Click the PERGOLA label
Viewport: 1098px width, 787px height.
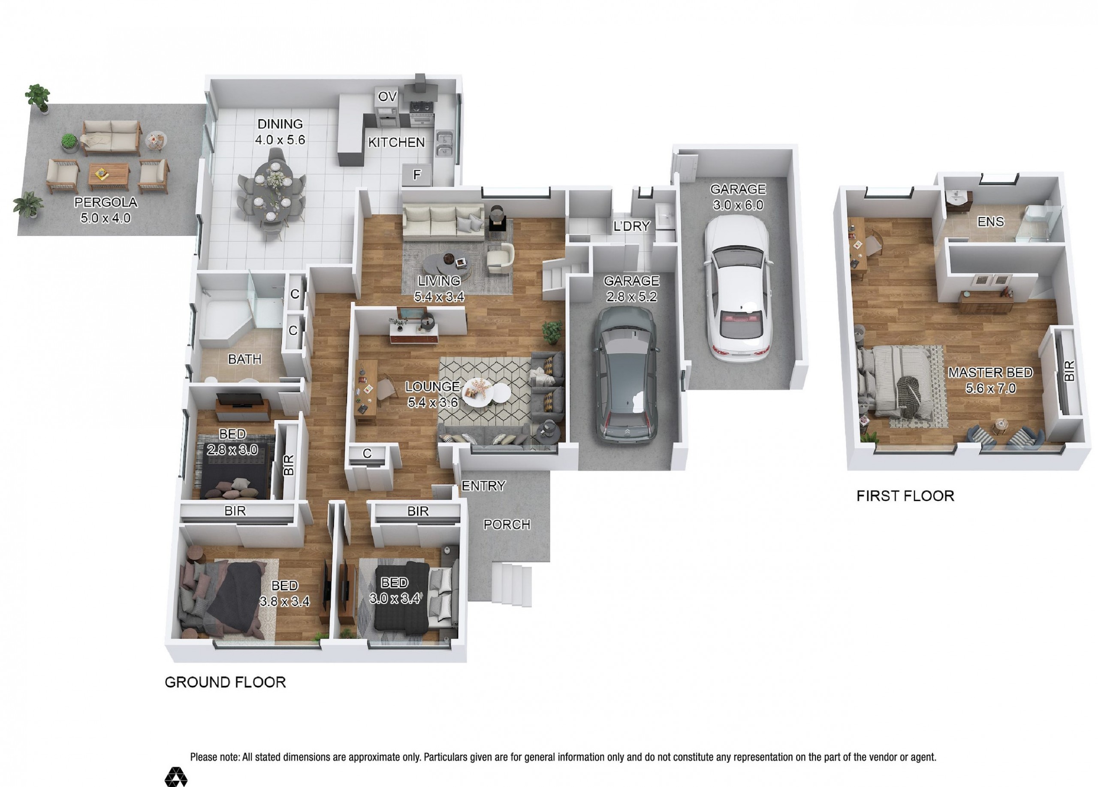(106, 202)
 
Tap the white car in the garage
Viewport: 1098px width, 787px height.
(737, 288)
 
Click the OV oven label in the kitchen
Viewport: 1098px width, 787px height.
(387, 97)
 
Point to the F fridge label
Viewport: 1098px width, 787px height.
(417, 175)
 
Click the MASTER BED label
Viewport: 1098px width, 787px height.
(990, 373)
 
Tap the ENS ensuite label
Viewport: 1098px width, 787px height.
(990, 222)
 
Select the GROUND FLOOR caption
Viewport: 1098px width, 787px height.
(225, 682)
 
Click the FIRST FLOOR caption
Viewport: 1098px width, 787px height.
(905, 496)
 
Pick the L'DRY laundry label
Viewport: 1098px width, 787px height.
(631, 226)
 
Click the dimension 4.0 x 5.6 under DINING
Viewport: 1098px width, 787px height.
(280, 140)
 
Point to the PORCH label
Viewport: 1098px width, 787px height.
(507, 525)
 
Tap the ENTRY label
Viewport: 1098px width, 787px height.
(483, 486)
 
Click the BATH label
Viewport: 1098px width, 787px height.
(244, 359)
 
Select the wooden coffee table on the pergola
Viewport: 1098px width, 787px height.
(109, 177)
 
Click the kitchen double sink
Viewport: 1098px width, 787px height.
(444, 144)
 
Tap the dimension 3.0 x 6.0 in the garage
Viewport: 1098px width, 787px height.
(738, 205)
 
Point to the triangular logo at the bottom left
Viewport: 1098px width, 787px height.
(176, 777)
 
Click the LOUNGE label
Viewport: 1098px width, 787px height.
(432, 387)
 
